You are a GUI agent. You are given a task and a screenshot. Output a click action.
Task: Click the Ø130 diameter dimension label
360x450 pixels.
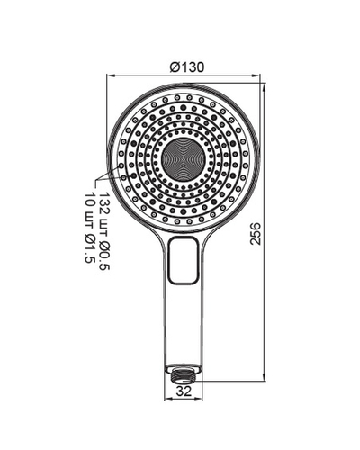pos(187,67)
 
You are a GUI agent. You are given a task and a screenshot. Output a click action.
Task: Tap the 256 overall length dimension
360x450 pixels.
pos(256,234)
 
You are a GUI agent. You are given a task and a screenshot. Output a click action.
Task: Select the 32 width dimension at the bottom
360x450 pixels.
pos(184,391)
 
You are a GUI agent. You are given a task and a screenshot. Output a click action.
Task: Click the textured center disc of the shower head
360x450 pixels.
pos(184,158)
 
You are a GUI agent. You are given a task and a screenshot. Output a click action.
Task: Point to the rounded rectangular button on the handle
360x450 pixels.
pos(184,260)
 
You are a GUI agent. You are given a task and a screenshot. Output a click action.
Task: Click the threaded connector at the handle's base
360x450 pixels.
pos(184,373)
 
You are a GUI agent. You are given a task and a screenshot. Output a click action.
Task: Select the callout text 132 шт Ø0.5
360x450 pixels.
pos(104,231)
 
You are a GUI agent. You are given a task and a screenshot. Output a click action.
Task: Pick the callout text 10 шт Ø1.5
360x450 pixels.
pos(91,227)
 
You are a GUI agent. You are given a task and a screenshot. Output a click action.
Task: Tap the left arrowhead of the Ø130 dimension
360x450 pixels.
pos(111,76)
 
